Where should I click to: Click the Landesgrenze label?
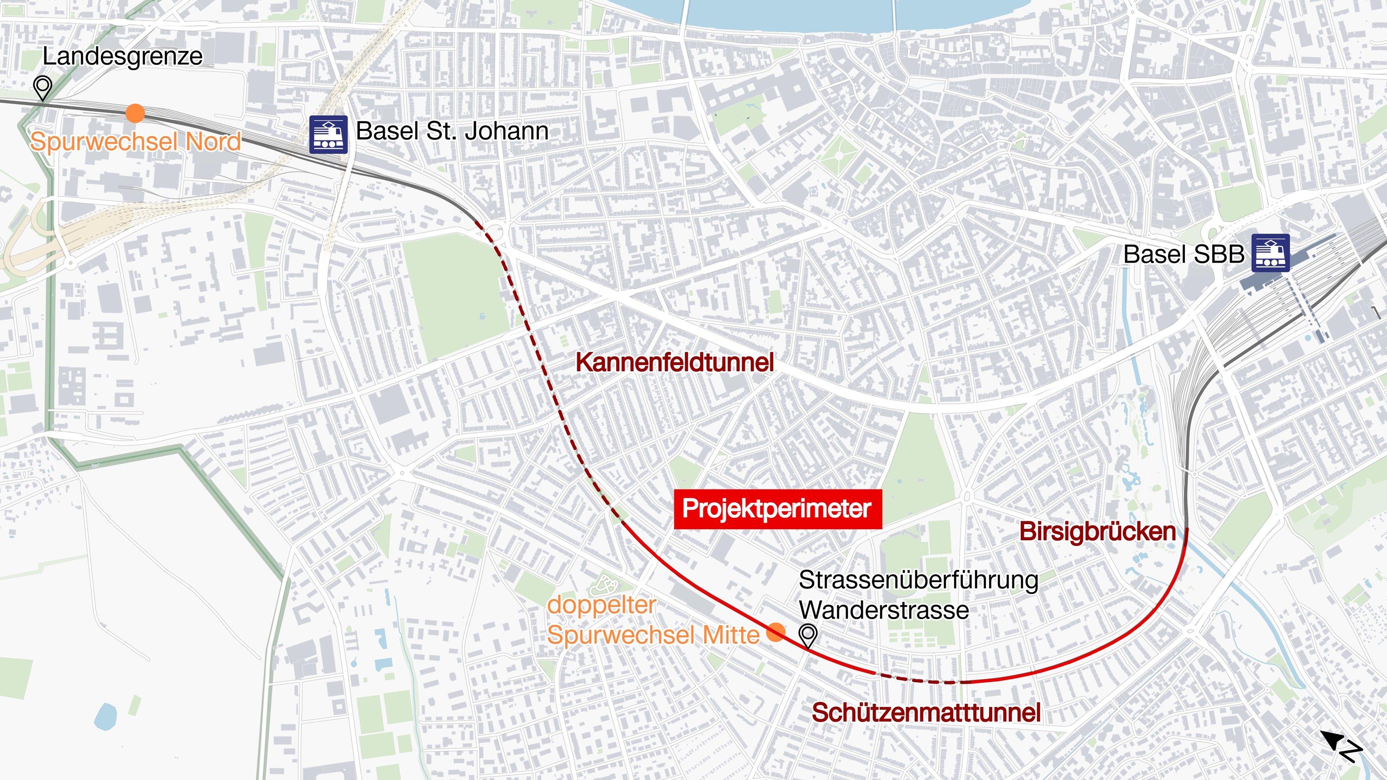tap(122, 56)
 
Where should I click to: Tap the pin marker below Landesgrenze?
tap(42, 87)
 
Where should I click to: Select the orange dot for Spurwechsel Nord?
tap(135, 114)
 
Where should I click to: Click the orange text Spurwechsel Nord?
tap(135, 142)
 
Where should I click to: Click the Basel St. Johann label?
tap(452, 131)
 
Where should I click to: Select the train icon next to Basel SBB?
tap(1270, 253)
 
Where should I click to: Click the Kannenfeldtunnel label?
tap(675, 362)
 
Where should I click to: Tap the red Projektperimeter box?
tap(778, 509)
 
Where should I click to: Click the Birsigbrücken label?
tap(1097, 532)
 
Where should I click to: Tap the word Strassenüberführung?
tap(918, 580)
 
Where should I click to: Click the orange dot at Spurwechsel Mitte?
tap(775, 632)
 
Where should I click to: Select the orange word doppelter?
tap(601, 605)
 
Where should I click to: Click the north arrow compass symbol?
tap(1341, 745)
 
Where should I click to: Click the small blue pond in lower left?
tap(105, 716)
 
